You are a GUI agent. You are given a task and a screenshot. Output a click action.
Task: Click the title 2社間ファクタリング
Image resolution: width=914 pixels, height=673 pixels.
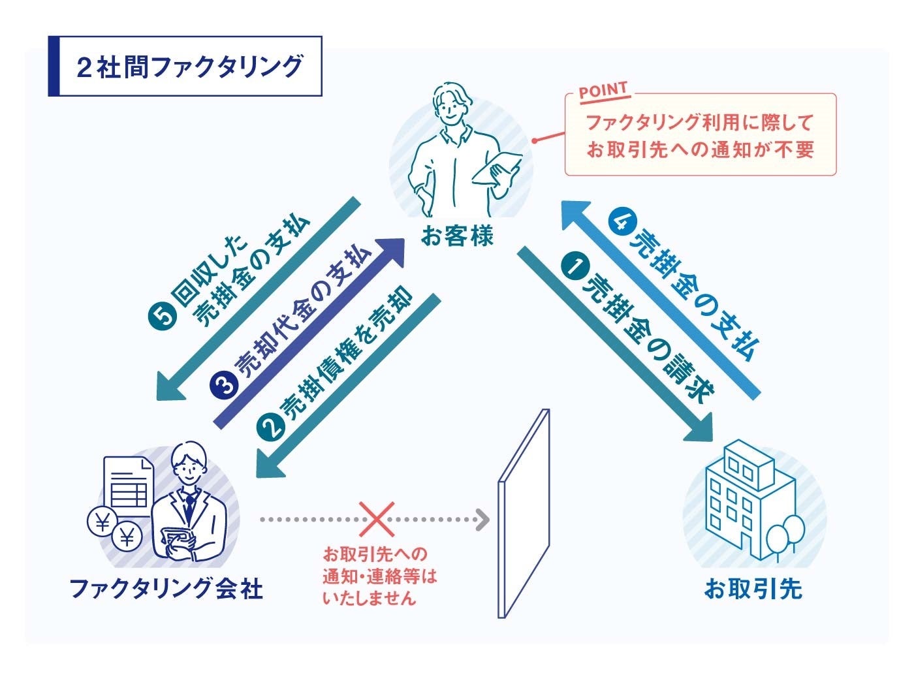[x=189, y=67]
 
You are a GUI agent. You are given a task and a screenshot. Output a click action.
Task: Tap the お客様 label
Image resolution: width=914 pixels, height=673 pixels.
[x=456, y=236]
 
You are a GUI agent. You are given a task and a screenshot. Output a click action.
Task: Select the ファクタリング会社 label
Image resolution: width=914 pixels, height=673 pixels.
[x=166, y=589]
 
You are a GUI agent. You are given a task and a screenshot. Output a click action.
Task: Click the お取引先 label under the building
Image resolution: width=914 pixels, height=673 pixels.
[x=753, y=589]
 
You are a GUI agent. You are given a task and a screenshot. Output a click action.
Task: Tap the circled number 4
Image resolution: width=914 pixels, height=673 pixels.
[x=620, y=222]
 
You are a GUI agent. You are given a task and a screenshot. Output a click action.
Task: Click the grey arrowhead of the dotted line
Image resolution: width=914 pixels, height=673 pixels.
[x=482, y=520]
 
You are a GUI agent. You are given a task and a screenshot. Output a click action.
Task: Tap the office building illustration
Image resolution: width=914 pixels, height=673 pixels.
[x=744, y=503]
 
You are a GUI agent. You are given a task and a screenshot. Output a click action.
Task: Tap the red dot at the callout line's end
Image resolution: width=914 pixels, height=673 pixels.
[x=534, y=140]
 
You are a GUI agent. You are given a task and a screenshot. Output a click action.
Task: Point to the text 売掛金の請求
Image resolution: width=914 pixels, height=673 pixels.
[x=646, y=332]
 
